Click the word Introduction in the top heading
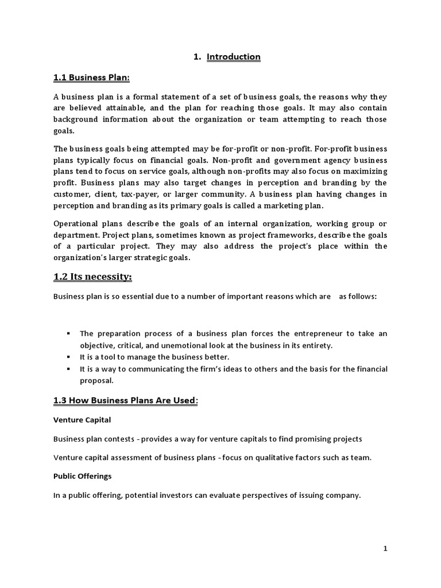point(234,57)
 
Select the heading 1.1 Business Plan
point(91,78)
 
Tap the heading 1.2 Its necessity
point(92,277)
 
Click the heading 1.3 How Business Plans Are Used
point(125,400)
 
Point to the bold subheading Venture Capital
point(82,420)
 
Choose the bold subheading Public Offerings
point(83,476)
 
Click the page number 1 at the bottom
point(386,549)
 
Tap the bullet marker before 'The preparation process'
point(68,334)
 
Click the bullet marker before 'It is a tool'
point(68,357)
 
